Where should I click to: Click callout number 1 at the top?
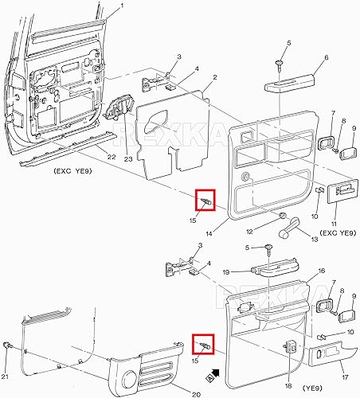(122, 7)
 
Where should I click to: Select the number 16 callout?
(299, 271)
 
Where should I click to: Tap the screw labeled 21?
(7, 345)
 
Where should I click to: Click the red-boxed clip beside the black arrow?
(204, 344)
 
